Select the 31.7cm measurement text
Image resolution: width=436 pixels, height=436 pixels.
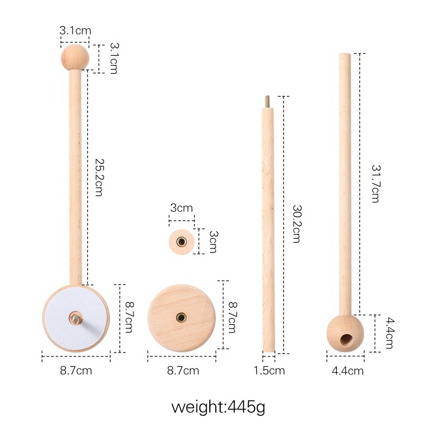click(375, 183)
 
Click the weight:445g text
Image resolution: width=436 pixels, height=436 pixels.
click(218, 407)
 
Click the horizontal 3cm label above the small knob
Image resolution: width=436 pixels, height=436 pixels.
click(181, 208)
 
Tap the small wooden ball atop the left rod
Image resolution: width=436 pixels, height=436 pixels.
click(75, 57)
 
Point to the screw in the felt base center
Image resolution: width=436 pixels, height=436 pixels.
click(75, 318)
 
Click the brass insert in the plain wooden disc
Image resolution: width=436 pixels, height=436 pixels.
click(180, 317)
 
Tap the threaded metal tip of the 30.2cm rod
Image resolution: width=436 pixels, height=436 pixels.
click(268, 101)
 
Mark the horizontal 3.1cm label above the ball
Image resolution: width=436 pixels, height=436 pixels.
click(75, 31)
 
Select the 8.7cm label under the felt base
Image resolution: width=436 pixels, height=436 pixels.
click(76, 371)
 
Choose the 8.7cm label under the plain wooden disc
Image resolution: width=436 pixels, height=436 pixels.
click(183, 371)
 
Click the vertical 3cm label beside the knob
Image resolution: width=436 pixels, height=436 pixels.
click(213, 241)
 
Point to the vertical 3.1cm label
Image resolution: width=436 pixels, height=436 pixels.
click(113, 58)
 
